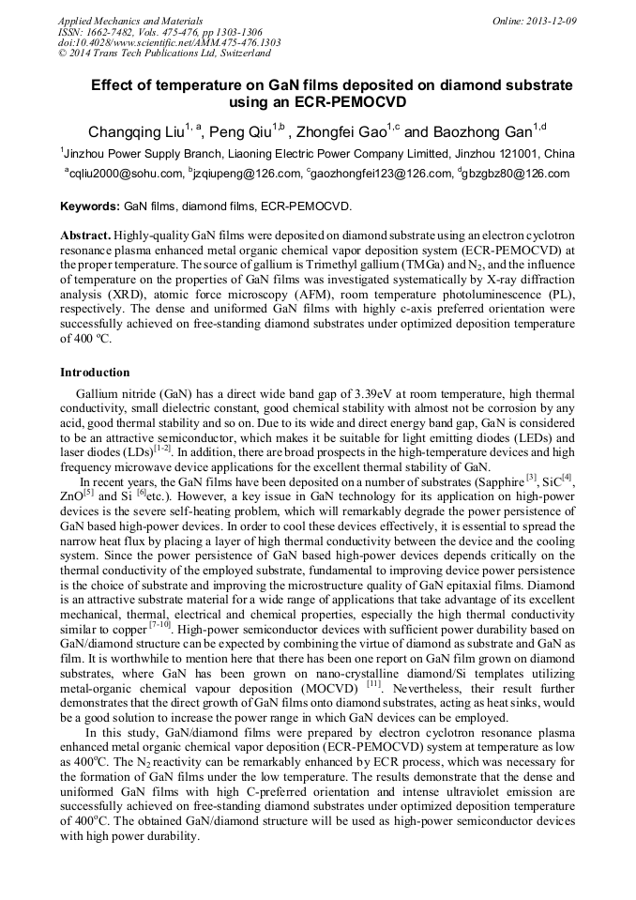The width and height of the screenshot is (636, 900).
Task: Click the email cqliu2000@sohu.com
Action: [x=125, y=174]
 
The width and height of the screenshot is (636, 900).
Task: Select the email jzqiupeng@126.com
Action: [x=247, y=174]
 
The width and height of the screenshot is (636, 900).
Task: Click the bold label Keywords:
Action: [x=90, y=205]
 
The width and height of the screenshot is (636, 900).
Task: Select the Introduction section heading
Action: [x=95, y=373]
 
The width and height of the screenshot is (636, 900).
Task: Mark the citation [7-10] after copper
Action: [x=160, y=623]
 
